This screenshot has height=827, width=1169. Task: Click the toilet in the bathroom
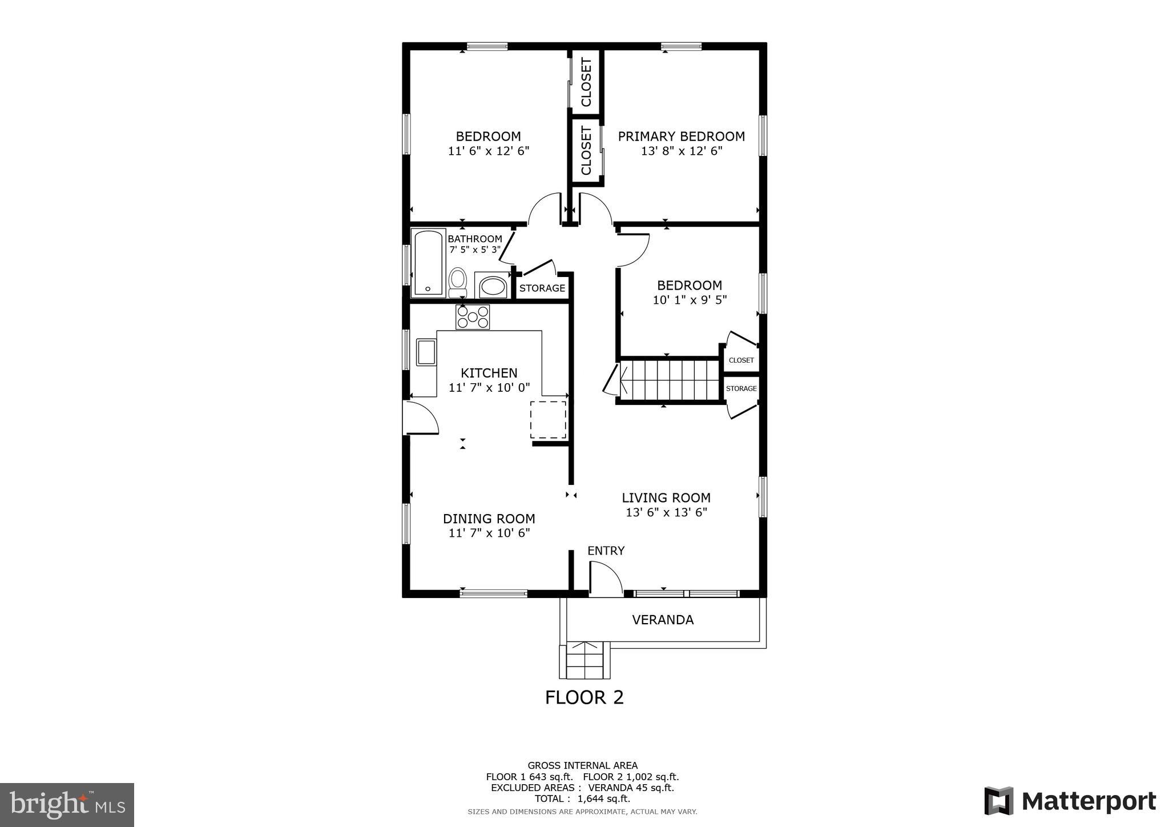coord(457,282)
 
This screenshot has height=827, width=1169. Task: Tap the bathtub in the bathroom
coord(429,263)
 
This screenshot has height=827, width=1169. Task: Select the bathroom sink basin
coord(492,286)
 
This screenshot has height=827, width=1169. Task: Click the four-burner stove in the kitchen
coord(473,318)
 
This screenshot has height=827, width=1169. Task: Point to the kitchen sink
coord(426,352)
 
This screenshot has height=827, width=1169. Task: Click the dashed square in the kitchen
coord(548,420)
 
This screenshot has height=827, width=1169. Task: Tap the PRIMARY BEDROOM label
coord(681,137)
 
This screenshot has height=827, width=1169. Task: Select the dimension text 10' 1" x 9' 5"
coord(690,300)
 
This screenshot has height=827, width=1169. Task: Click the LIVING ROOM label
coord(666,498)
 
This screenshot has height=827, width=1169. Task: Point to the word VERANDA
coord(663,620)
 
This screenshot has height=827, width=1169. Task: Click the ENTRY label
coord(606,551)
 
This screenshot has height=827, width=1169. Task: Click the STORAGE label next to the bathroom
coord(542,288)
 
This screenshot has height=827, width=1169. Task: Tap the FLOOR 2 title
coord(584,697)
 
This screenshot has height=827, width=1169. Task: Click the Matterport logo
coord(1070,801)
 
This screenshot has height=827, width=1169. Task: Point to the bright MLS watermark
coord(67,805)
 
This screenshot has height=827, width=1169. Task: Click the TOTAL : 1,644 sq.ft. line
coord(582,799)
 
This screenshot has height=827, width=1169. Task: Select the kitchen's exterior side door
coord(420,418)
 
